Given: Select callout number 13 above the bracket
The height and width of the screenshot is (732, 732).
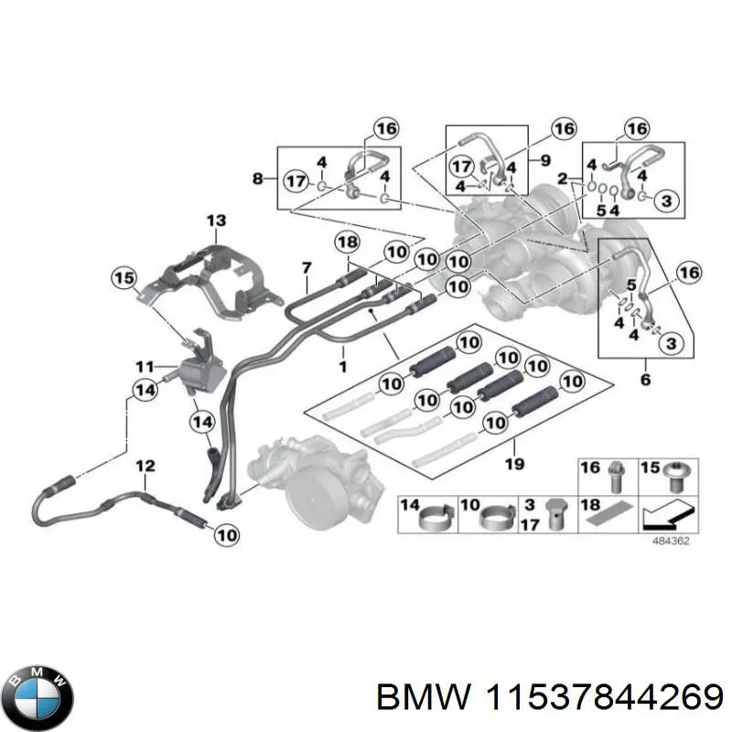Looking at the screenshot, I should [214, 221].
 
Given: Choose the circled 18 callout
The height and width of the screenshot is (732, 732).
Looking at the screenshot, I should [347, 242].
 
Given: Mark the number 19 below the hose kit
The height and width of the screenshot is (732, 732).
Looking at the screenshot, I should [514, 465].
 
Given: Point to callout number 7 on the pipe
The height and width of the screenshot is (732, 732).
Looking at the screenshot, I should [307, 267].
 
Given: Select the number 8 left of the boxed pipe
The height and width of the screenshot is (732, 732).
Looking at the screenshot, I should [257, 178].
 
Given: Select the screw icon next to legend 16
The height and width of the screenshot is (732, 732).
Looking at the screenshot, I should [617, 474].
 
